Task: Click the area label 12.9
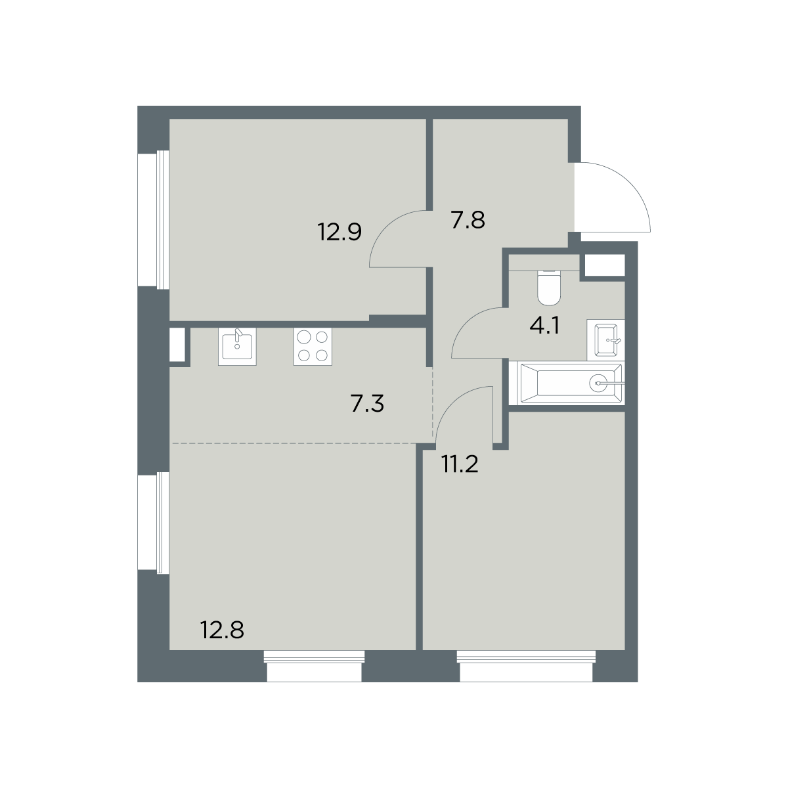pyautogui.click(x=339, y=232)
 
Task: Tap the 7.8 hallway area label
pyautogui.click(x=468, y=220)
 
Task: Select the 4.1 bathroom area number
pyautogui.click(x=544, y=327)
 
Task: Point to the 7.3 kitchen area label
pyautogui.click(x=367, y=404)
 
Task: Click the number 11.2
pyautogui.click(x=460, y=464)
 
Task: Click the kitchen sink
pyautogui.click(x=237, y=346)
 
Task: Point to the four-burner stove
pyautogui.click(x=313, y=346)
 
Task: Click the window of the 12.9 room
pyautogui.click(x=154, y=219)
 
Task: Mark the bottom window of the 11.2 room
pyautogui.click(x=526, y=672)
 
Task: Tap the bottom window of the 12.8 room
pyautogui.click(x=314, y=672)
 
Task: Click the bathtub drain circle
pyautogui.click(x=598, y=383)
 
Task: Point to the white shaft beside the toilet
pyautogui.click(x=605, y=265)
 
